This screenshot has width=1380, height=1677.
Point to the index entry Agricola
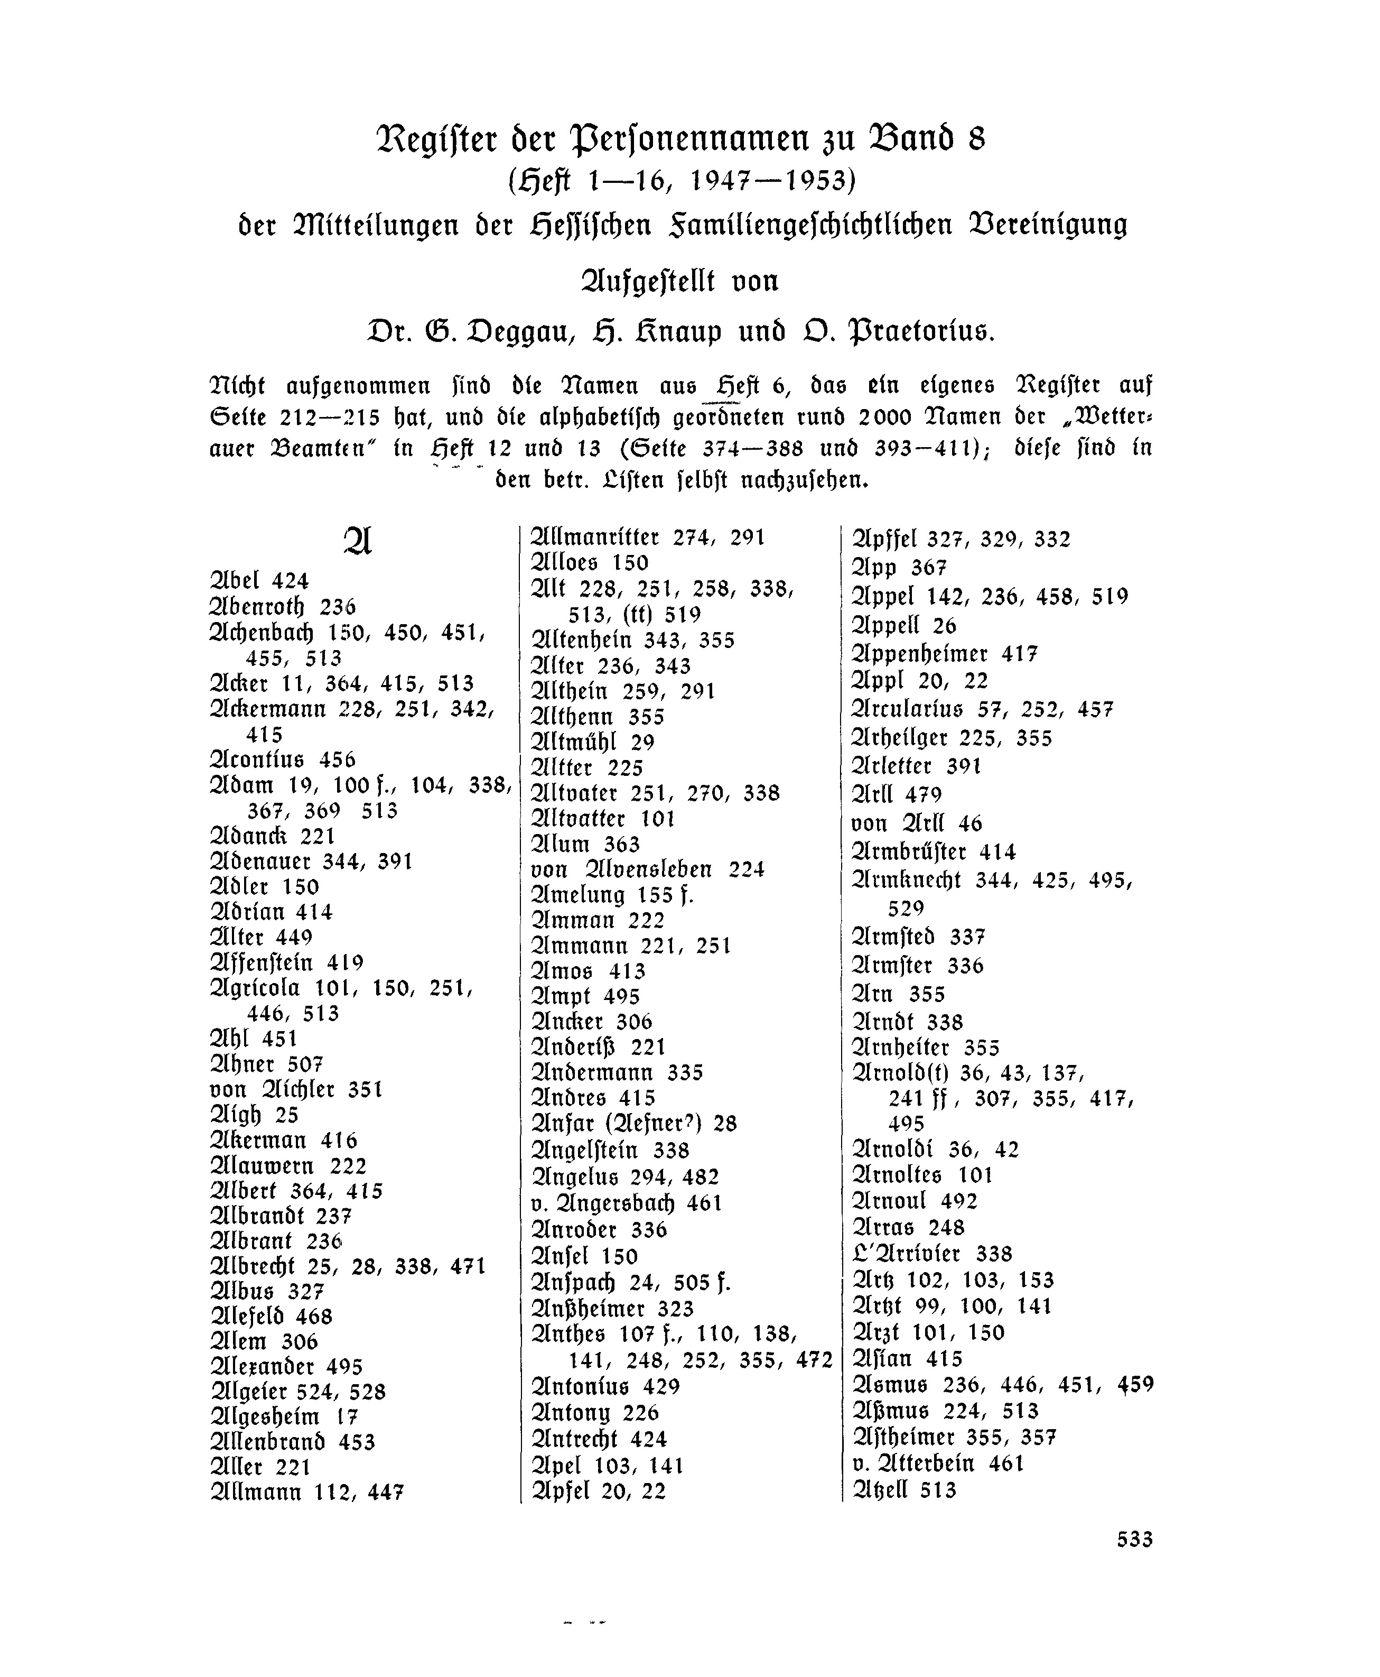point(255,988)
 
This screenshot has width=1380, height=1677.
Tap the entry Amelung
point(579,895)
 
